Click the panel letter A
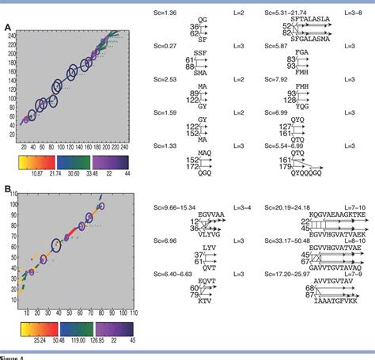pos(7,28)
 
